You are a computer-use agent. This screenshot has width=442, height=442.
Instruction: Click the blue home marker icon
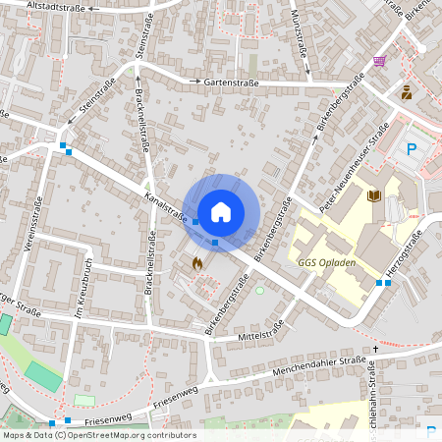pos(221,211)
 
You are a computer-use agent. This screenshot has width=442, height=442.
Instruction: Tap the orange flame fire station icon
pos(197,263)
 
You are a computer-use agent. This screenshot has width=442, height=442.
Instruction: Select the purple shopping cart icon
pos(379,61)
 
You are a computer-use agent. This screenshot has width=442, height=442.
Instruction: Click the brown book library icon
pos(373,196)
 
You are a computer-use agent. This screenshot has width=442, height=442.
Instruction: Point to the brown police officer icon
pos(406,92)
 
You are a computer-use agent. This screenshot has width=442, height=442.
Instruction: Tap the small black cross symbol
pos(375,349)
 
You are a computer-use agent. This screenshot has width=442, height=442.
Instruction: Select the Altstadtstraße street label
pos(58,6)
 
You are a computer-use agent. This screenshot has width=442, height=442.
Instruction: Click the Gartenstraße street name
pos(231,83)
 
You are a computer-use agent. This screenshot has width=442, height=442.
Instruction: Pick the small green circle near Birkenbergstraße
pos(260,290)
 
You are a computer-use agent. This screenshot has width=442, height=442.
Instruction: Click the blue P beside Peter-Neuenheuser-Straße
pos(413,150)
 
